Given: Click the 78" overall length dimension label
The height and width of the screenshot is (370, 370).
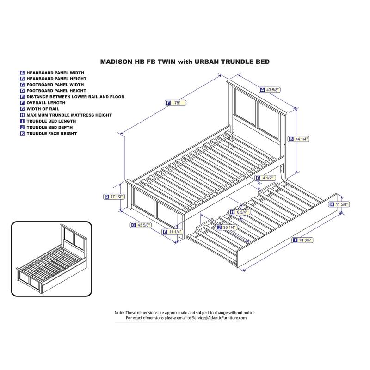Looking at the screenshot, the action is (x=176, y=103).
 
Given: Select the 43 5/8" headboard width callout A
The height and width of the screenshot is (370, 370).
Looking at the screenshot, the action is (x=270, y=90).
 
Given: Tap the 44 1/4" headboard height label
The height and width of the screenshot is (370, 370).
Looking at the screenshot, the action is (x=299, y=139).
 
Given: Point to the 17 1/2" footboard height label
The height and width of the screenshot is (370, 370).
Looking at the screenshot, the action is (x=114, y=197).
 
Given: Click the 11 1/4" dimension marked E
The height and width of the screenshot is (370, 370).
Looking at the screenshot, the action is (x=172, y=232).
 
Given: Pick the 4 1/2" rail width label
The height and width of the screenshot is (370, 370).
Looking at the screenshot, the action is (x=265, y=178).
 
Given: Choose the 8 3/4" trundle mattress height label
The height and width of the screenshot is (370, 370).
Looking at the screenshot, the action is (x=240, y=212).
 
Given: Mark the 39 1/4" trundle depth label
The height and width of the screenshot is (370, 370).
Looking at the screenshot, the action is (x=227, y=228).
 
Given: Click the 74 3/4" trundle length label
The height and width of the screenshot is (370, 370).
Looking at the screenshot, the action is (x=302, y=240).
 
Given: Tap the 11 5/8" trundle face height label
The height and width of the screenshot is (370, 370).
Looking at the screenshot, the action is (x=339, y=204).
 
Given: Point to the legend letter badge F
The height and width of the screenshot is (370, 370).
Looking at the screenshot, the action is (x=22, y=103).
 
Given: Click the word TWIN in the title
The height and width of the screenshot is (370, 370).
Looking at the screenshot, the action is (x=166, y=62).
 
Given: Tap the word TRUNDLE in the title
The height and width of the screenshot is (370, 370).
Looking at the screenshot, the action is (x=236, y=62).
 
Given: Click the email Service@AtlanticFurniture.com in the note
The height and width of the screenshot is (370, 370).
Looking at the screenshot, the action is (x=219, y=318).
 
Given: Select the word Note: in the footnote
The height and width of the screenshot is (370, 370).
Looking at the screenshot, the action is (x=119, y=313).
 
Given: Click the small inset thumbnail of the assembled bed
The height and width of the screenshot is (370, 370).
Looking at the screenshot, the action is (x=51, y=259).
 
